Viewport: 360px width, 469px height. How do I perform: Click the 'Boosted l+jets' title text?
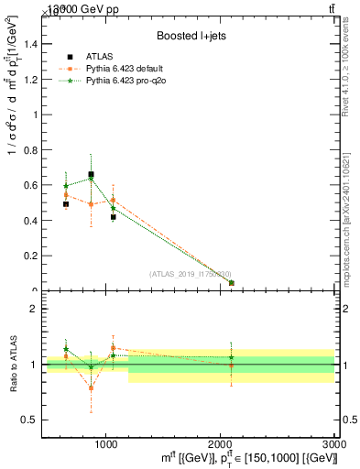(190, 36)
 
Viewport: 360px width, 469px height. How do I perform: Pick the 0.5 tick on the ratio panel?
(28, 420)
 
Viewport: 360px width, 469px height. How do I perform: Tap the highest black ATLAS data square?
(91, 174)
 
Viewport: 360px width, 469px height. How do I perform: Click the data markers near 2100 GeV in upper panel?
(231, 283)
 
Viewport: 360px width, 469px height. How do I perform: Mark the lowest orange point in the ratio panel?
(91, 388)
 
